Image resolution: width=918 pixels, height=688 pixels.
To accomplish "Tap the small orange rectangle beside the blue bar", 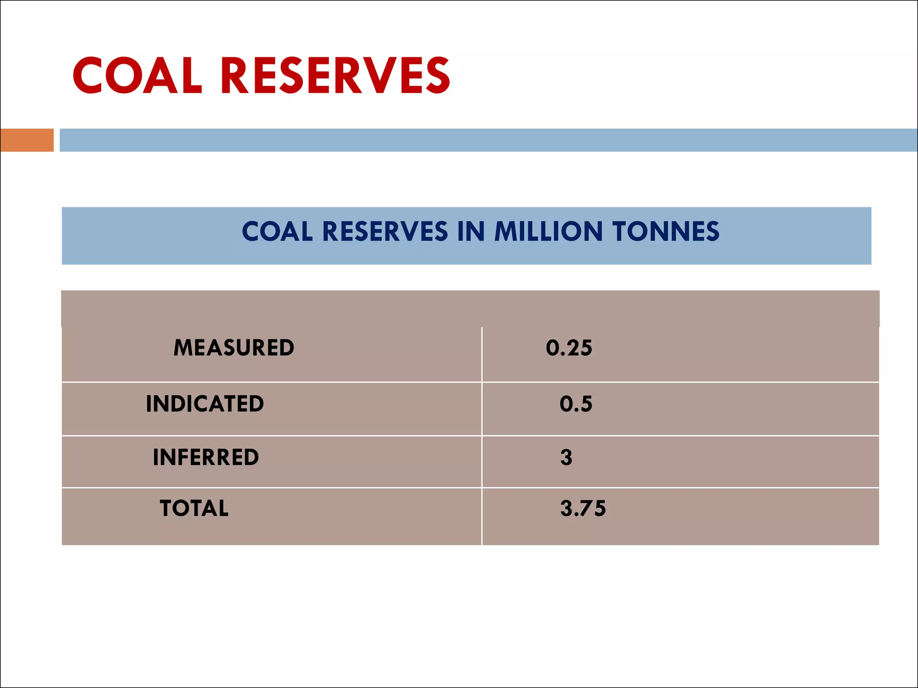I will pos(27,140).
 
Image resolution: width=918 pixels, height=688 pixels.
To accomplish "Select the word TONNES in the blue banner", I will pos(666,232).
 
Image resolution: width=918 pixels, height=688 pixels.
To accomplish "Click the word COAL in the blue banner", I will pos(277,232).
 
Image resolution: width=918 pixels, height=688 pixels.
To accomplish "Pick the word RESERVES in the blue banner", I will pos(385,232).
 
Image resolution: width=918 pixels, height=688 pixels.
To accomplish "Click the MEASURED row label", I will pos(234,348).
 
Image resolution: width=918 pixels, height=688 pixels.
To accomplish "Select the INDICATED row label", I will pos(205,404).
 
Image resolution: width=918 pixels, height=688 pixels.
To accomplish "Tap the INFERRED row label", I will pos(206,457).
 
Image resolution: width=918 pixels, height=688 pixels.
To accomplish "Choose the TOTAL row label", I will pos(194,508).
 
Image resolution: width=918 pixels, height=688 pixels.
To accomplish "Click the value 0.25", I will pos(569,348).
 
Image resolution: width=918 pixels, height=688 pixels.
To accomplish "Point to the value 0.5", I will pos(576,404).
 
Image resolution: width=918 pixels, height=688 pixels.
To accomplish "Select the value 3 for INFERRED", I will pos(566,457).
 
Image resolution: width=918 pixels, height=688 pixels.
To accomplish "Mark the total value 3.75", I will pos(583,508).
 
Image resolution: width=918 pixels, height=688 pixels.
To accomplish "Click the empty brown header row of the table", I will pos(470,309).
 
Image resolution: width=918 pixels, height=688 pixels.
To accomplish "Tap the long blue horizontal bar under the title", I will pos(488,140).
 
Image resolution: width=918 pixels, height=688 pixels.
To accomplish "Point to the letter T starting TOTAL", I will pos(167,508).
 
